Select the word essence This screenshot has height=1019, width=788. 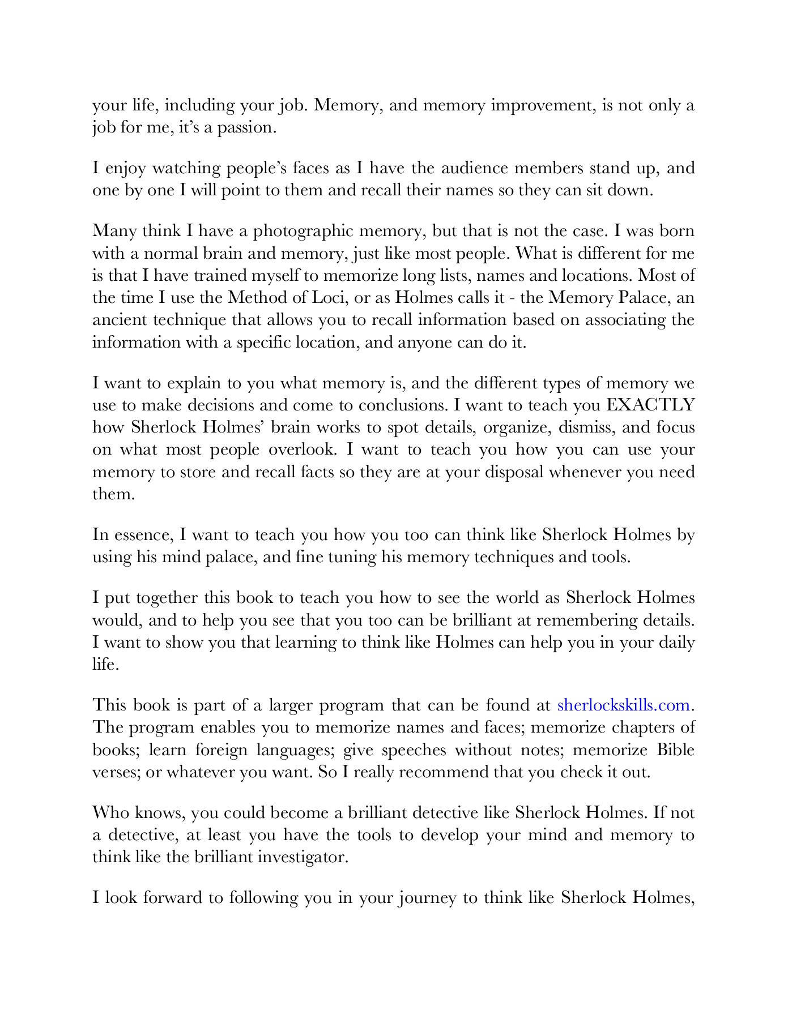[x=143, y=535]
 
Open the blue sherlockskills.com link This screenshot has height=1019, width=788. [x=624, y=705]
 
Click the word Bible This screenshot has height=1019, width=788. [x=675, y=750]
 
